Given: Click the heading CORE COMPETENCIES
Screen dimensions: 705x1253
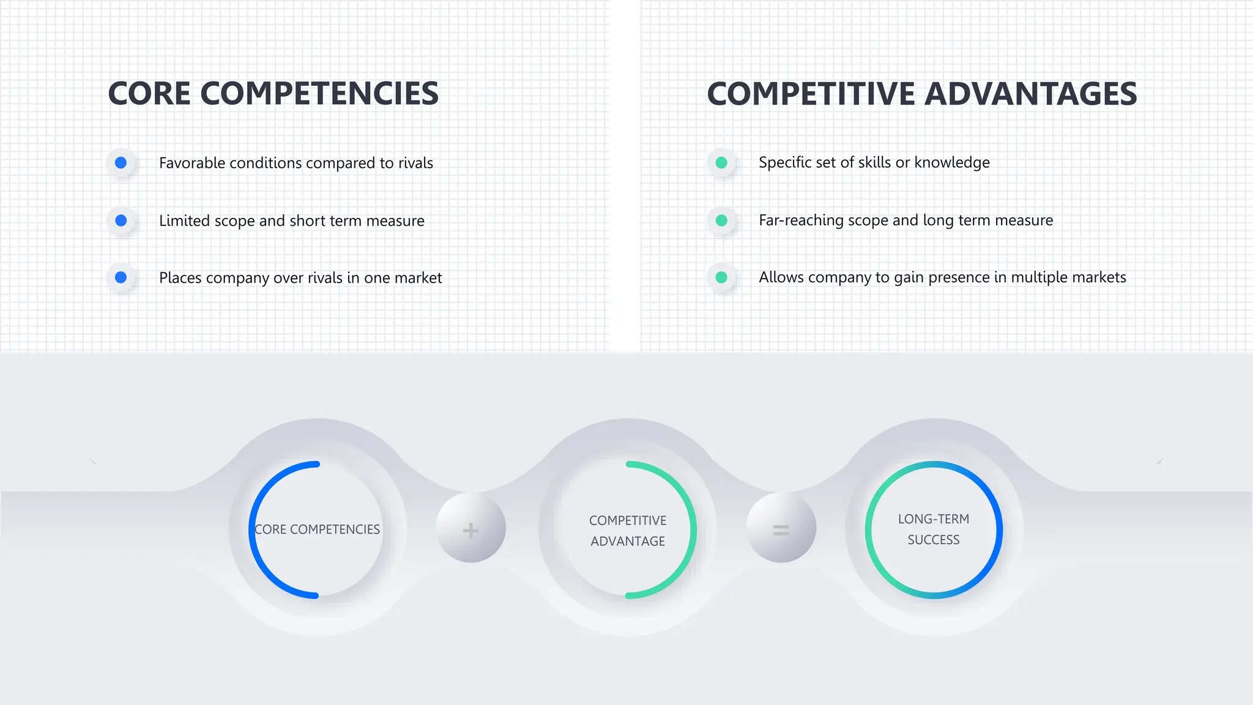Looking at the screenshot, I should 273,94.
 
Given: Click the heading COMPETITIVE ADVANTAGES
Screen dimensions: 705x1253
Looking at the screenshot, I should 921,94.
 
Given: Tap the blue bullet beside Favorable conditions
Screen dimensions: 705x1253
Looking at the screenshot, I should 121,163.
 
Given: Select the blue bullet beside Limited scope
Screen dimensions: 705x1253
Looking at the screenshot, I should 121,220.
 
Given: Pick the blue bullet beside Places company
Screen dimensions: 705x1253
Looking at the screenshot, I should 121,277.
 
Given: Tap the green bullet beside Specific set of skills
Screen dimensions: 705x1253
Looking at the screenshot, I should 721,163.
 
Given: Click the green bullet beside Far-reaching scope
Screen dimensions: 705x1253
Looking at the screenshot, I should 721,220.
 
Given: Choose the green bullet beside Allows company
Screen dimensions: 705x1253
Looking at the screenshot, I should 721,277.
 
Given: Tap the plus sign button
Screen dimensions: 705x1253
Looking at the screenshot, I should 470,529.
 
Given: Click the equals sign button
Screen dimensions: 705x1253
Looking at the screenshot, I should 781,529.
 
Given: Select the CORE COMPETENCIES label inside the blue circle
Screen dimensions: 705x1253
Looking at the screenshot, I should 317,529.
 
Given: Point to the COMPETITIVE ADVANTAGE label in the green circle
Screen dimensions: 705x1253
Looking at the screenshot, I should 628,531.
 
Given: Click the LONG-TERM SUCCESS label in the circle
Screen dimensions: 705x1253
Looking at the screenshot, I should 934,529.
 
